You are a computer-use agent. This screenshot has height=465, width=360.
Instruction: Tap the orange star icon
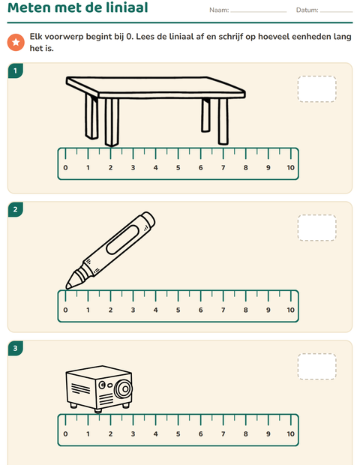[16, 42]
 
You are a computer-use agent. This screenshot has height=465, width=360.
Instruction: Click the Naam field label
[219, 10]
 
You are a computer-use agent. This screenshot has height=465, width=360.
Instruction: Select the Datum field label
[307, 10]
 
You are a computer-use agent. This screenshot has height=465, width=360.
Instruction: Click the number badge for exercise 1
[16, 71]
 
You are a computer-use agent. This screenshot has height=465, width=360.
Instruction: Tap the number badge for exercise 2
[16, 210]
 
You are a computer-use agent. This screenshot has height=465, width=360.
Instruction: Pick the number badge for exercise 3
[16, 348]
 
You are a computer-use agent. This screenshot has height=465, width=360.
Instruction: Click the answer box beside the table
[317, 89]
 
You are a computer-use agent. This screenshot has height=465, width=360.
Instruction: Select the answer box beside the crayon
[317, 228]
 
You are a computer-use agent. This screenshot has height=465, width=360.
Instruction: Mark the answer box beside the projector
[317, 367]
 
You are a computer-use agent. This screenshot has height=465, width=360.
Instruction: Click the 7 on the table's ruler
[223, 167]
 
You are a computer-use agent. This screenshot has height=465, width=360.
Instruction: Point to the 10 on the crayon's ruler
[290, 310]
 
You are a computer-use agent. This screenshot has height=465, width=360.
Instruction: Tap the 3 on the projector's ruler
[133, 433]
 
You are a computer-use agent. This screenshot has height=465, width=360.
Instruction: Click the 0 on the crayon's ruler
[65, 310]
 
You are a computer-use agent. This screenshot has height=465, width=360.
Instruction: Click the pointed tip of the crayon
[67, 288]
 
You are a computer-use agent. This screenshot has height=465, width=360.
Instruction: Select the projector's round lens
[123, 388]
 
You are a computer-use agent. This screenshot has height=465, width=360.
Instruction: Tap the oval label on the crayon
[123, 239]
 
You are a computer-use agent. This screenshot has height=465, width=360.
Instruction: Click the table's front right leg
[223, 121]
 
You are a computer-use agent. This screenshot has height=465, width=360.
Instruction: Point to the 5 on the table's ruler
[178, 167]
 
